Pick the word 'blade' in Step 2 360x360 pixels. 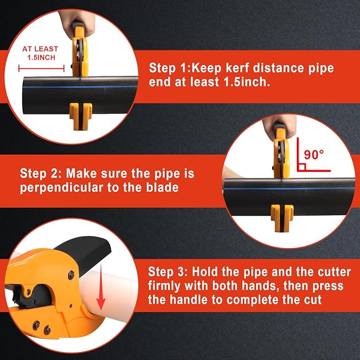[162, 188]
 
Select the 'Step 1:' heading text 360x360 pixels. [169, 68]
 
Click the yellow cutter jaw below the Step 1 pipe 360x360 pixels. [80, 112]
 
